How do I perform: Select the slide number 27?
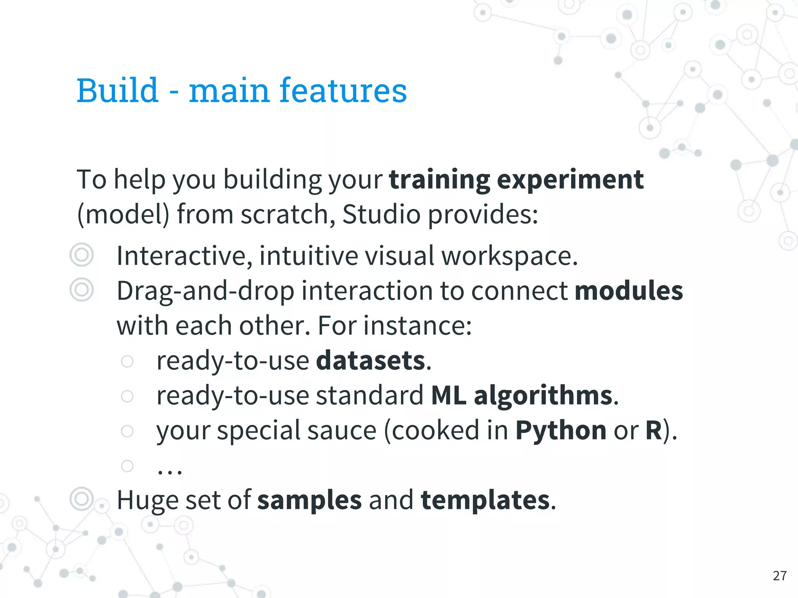(x=779, y=575)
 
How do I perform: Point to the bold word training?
(x=440, y=180)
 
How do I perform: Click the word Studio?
(x=381, y=214)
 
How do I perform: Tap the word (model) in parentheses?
(x=124, y=215)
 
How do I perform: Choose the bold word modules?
(x=629, y=290)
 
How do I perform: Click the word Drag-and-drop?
(x=205, y=291)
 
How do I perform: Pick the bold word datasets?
(x=371, y=360)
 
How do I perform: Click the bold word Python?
(x=561, y=431)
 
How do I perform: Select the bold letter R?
(x=653, y=430)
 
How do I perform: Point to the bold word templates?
(x=485, y=500)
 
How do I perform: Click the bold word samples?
(x=309, y=500)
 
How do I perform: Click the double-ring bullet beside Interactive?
(x=81, y=255)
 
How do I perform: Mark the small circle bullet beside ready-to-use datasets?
(x=127, y=361)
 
